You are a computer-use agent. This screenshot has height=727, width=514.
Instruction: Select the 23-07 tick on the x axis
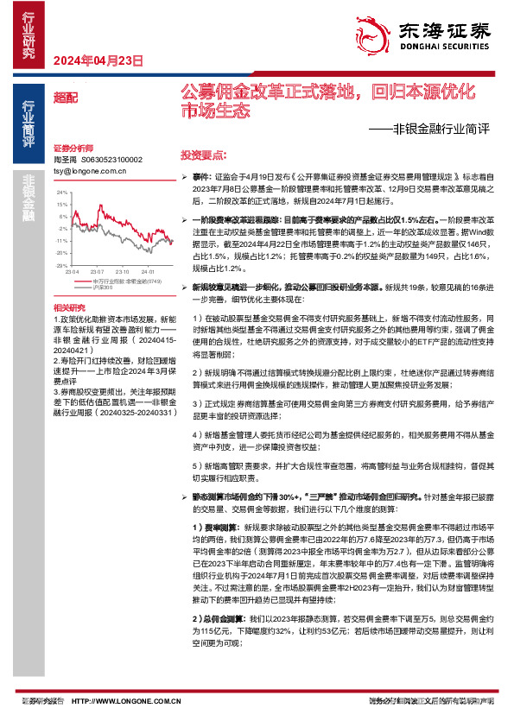[x=97, y=271]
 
